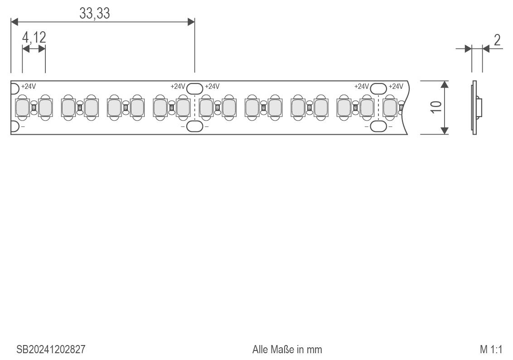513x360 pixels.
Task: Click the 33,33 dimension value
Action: (95, 14)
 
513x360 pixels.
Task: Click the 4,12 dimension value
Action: (34, 37)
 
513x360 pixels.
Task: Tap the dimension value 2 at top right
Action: (497, 40)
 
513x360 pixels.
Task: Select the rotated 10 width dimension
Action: (436, 107)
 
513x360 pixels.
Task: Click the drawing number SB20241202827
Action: (51, 350)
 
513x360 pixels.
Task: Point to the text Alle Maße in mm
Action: (287, 350)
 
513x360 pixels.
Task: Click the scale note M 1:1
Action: (491, 350)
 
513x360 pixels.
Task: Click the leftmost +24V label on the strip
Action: (29, 87)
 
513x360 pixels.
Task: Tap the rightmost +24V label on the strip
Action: (396, 87)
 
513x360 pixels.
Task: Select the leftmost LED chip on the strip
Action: (23, 107)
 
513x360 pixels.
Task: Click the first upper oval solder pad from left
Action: (195, 88)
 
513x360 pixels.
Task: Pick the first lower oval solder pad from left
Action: (195, 126)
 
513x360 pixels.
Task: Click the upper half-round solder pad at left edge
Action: (15, 89)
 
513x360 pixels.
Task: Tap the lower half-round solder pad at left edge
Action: (15, 126)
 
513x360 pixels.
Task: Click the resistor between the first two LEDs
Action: (34, 107)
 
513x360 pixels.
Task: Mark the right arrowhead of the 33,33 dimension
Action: (191, 22)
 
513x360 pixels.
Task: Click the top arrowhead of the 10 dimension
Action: (444, 84)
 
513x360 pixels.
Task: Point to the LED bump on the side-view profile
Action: (479, 107)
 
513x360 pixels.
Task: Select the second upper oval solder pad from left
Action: (378, 88)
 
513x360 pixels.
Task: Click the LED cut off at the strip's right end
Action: (390, 107)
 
